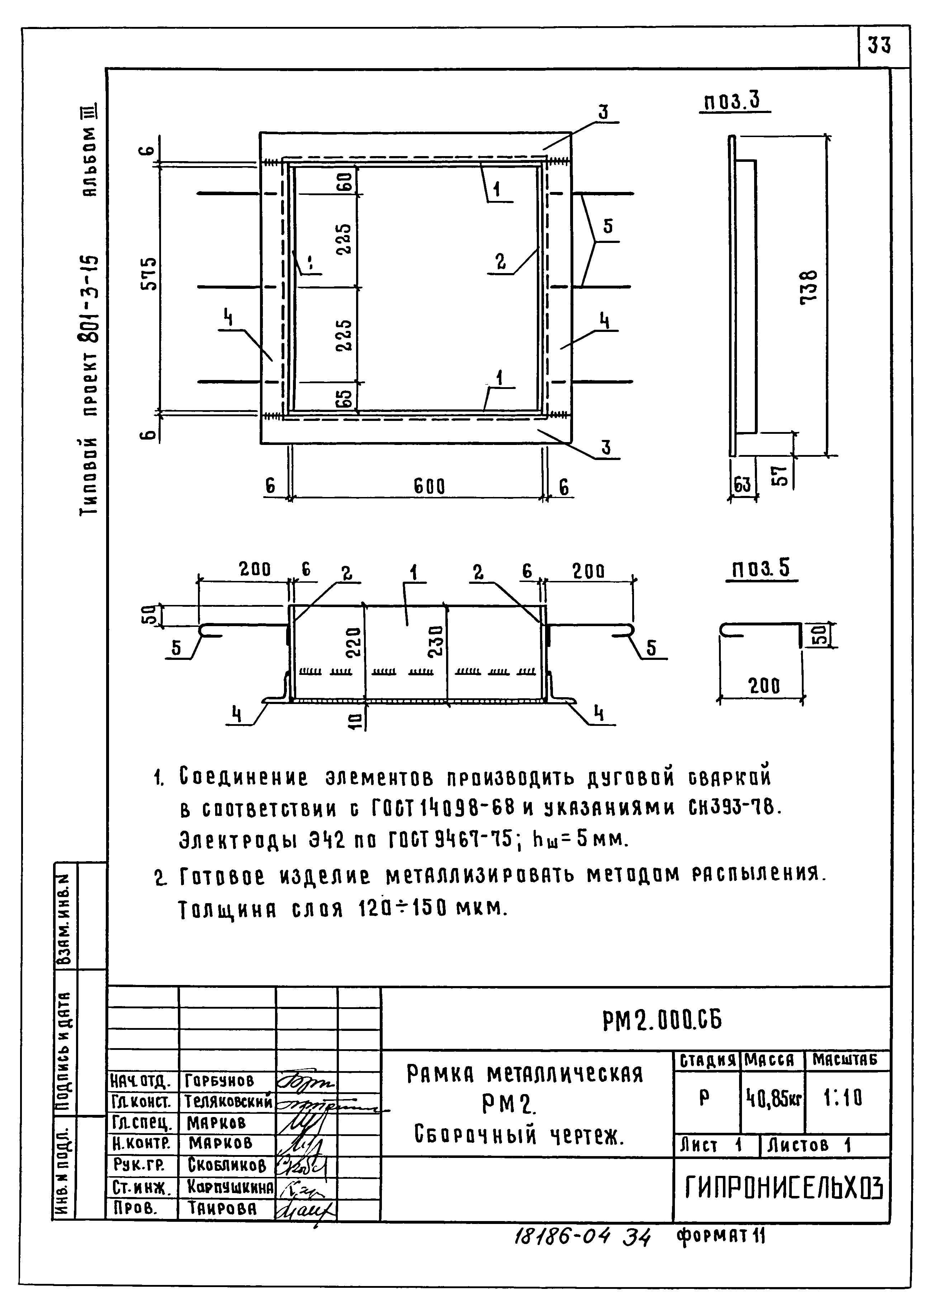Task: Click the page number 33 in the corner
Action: click(x=879, y=45)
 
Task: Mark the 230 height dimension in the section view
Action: click(x=436, y=641)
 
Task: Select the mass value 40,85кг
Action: click(x=773, y=1099)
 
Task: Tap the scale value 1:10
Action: click(x=842, y=1099)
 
